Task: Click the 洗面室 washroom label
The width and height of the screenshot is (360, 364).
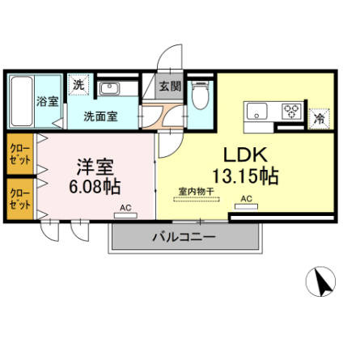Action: click(100, 116)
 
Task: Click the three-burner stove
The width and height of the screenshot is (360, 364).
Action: click(292, 112)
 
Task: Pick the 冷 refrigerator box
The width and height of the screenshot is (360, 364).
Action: click(320, 118)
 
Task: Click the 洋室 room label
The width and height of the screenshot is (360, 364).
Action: click(94, 167)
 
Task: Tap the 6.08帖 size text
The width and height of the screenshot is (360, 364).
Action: click(94, 188)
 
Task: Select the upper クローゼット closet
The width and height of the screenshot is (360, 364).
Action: click(19, 153)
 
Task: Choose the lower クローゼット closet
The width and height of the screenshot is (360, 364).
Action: click(19, 197)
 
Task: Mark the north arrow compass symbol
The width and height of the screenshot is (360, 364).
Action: click(324, 284)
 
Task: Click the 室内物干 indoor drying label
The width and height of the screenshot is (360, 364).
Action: click(197, 192)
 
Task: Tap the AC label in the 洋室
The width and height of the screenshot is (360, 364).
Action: click(125, 208)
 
